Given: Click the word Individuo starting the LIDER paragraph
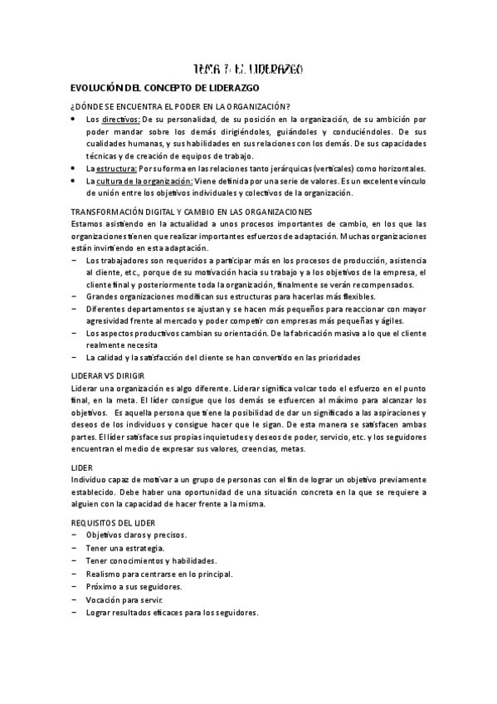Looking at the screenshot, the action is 89,480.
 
